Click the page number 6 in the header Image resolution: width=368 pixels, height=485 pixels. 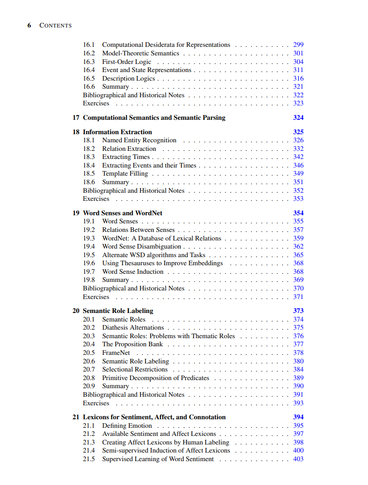coord(29,25)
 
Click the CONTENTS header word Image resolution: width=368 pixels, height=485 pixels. coord(55,25)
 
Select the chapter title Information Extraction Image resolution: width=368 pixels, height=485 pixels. coord(117,132)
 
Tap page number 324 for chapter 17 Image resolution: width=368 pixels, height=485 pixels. coord(298,118)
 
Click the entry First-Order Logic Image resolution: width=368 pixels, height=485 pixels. coord(127,62)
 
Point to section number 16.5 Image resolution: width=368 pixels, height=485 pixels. coord(89,78)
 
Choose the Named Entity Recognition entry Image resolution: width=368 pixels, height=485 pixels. coord(139,140)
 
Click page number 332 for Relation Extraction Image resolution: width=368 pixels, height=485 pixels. coord(298,149)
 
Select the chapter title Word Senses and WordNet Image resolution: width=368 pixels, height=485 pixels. coord(123,213)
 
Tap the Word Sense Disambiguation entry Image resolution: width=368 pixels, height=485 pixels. coord(141,246)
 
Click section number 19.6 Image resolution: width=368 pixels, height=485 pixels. coord(89,263)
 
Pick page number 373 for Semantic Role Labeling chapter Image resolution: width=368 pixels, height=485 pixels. coord(298,311)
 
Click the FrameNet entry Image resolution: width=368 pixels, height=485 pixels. coord(116,353)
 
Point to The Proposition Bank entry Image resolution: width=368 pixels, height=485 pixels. coord(132,344)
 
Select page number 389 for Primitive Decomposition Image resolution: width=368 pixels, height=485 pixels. coord(298,378)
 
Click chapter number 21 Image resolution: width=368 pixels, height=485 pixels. coord(76,417)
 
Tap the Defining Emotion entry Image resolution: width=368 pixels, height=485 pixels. coord(127,426)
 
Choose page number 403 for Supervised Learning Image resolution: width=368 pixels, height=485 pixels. coord(298,459)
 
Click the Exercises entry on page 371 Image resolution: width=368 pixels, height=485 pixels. coord(96,297)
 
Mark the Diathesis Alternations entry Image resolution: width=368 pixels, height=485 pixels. coord(133,327)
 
